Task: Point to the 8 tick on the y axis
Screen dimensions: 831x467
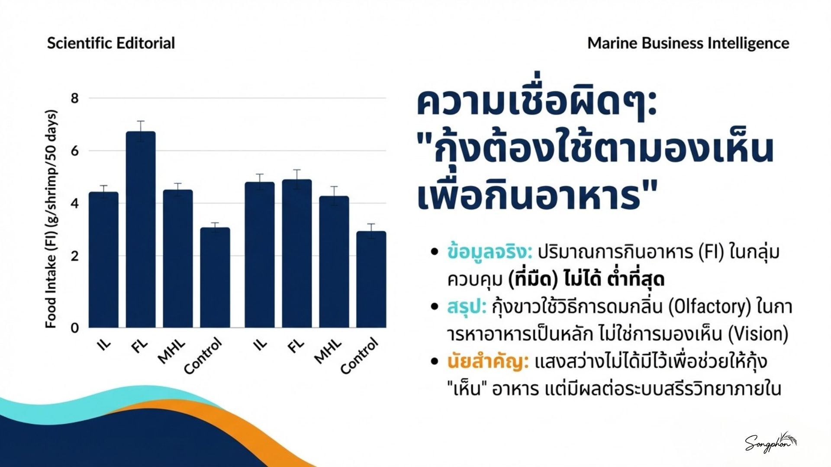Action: (x=75, y=99)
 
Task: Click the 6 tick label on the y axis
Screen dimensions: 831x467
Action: (x=75, y=151)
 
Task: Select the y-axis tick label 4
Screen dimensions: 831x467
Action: (x=75, y=203)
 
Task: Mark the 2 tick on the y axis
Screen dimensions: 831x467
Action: (x=75, y=256)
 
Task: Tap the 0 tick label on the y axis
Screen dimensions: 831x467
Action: (x=75, y=327)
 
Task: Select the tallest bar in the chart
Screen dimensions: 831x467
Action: (x=141, y=230)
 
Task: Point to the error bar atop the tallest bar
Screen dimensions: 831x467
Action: (x=141, y=131)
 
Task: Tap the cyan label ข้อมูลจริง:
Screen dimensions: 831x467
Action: (x=490, y=252)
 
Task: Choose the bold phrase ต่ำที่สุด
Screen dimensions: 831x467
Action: (x=636, y=279)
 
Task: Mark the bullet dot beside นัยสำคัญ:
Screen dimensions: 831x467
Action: (x=435, y=361)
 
